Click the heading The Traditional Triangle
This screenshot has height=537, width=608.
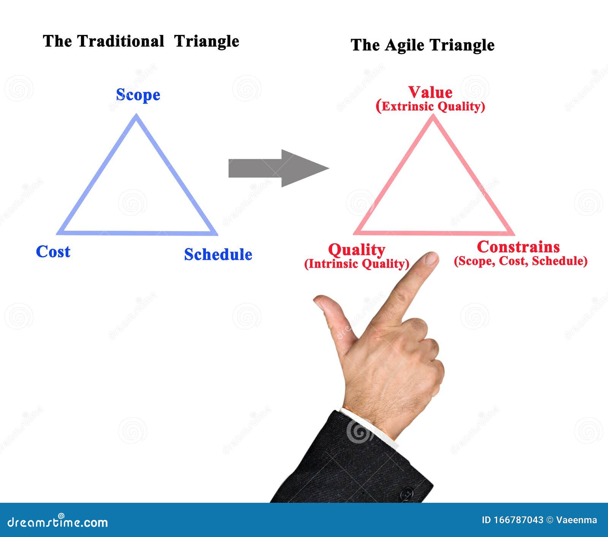click(141, 41)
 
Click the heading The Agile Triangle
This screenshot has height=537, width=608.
click(422, 45)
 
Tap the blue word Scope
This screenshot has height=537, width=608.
click(138, 95)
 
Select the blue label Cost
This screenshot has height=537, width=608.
click(53, 252)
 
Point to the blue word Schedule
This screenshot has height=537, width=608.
click(218, 255)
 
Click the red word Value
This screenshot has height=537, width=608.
click(430, 92)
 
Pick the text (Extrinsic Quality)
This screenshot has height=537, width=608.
click(430, 106)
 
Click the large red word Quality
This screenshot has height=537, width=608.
click(356, 250)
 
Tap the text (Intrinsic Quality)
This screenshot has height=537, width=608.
click(356, 264)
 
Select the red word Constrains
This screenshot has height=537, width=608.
click(518, 247)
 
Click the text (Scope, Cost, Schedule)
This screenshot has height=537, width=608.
click(521, 261)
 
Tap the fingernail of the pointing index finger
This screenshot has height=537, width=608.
click(431, 259)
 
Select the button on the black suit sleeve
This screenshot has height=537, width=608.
click(407, 494)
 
